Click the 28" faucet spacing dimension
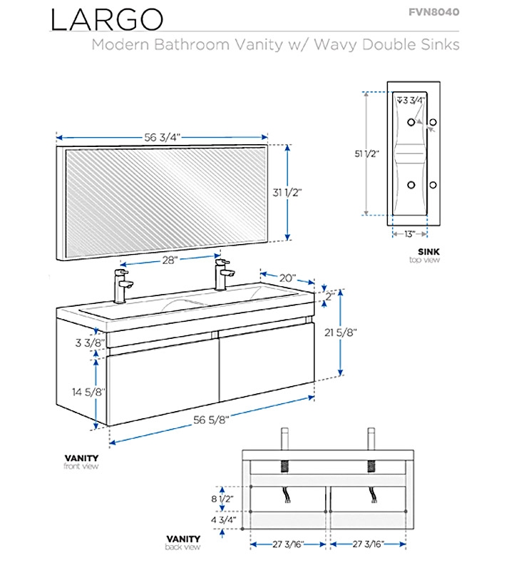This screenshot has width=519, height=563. [x=169, y=261]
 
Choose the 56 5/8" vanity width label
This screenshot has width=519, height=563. [x=211, y=419]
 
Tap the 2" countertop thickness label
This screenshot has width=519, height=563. [x=330, y=295]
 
